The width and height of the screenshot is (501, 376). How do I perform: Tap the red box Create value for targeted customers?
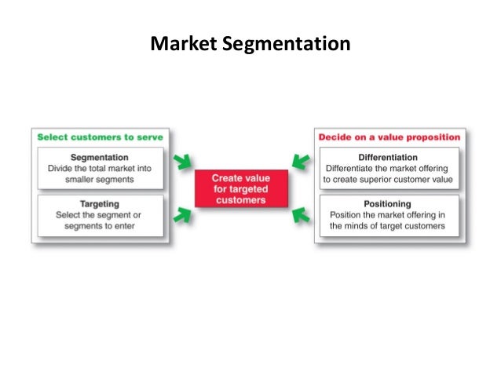point(240,189)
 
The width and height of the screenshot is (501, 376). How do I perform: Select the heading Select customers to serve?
point(100,137)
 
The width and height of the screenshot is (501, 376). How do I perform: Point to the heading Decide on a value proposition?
point(389,137)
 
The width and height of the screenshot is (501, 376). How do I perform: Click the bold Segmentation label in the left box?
point(100,157)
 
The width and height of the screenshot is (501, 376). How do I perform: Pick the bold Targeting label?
point(100,203)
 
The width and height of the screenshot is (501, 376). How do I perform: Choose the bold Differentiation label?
point(388,157)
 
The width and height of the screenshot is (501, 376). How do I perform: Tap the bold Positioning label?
point(388,203)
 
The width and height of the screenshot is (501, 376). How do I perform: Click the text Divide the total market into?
point(100,168)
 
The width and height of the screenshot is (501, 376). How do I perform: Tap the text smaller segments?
point(100,179)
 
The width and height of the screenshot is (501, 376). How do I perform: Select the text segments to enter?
point(100,226)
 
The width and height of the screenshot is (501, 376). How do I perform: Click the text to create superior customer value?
point(388,179)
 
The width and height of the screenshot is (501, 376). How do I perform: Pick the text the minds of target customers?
point(388,226)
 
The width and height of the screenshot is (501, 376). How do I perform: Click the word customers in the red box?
point(240,200)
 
